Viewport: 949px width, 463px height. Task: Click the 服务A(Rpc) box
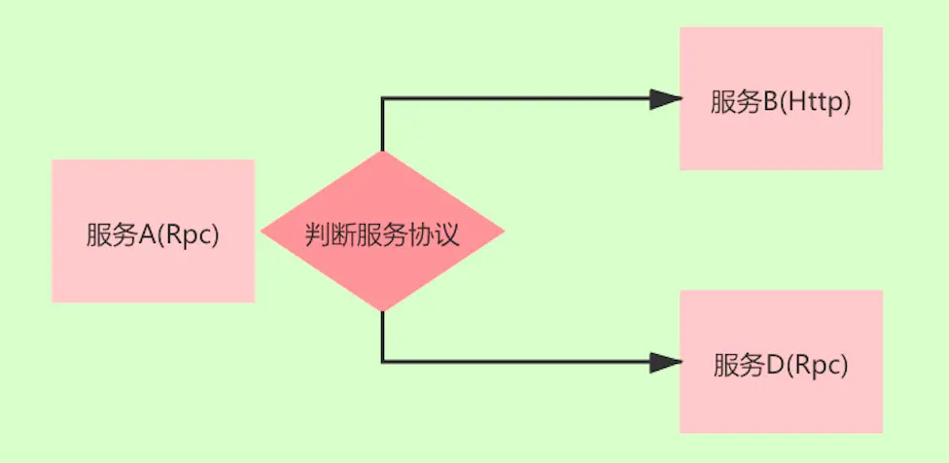(153, 231)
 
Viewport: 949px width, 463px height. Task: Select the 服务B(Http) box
(781, 98)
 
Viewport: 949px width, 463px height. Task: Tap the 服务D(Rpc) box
(781, 361)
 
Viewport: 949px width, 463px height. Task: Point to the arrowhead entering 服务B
(665, 98)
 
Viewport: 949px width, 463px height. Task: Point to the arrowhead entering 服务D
(665, 362)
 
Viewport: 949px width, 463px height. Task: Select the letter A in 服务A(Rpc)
(144, 235)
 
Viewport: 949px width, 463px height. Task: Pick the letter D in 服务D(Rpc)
(774, 366)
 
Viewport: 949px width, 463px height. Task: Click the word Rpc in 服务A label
(191, 235)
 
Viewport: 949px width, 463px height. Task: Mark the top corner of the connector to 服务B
(383, 98)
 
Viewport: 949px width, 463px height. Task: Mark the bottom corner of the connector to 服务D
(383, 362)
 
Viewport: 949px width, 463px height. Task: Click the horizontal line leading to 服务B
(515, 98)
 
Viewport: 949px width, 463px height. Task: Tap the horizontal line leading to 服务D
(515, 362)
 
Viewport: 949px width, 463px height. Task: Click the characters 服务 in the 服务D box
(737, 366)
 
